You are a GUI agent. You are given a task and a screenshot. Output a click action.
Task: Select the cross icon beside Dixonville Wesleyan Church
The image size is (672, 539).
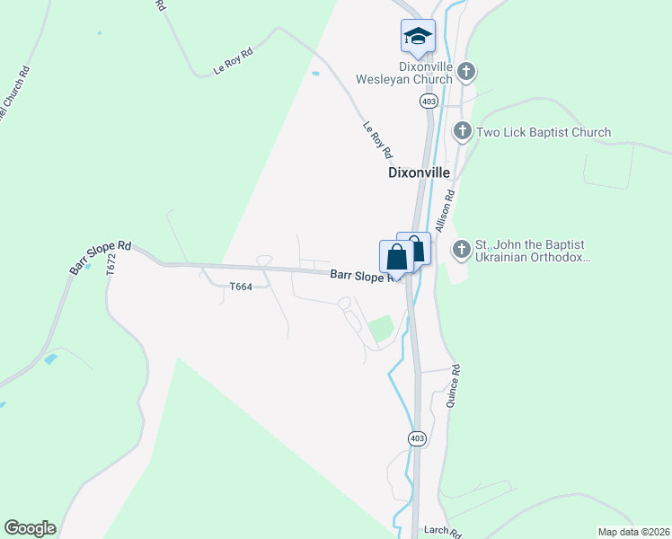[465, 71]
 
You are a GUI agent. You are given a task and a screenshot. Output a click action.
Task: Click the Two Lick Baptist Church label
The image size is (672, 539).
[544, 133]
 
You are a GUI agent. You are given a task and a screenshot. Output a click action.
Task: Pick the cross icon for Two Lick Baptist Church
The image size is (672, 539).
[462, 132]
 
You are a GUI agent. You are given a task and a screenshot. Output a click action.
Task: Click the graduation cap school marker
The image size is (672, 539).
[417, 37]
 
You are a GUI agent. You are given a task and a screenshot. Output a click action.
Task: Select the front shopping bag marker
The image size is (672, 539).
[396, 258]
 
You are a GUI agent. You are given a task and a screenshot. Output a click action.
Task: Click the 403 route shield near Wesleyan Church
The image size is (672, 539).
[428, 102]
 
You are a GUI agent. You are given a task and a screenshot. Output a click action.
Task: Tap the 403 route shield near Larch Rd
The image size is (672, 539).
[416, 438]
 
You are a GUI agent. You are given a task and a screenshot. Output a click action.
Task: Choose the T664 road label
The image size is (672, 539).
[241, 287]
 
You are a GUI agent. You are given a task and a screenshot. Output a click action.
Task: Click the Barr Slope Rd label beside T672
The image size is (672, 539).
[100, 257]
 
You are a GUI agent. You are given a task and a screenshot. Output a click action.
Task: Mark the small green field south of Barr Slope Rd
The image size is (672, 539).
[381, 329]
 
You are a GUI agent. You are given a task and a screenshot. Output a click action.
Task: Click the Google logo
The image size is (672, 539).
[30, 528]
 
